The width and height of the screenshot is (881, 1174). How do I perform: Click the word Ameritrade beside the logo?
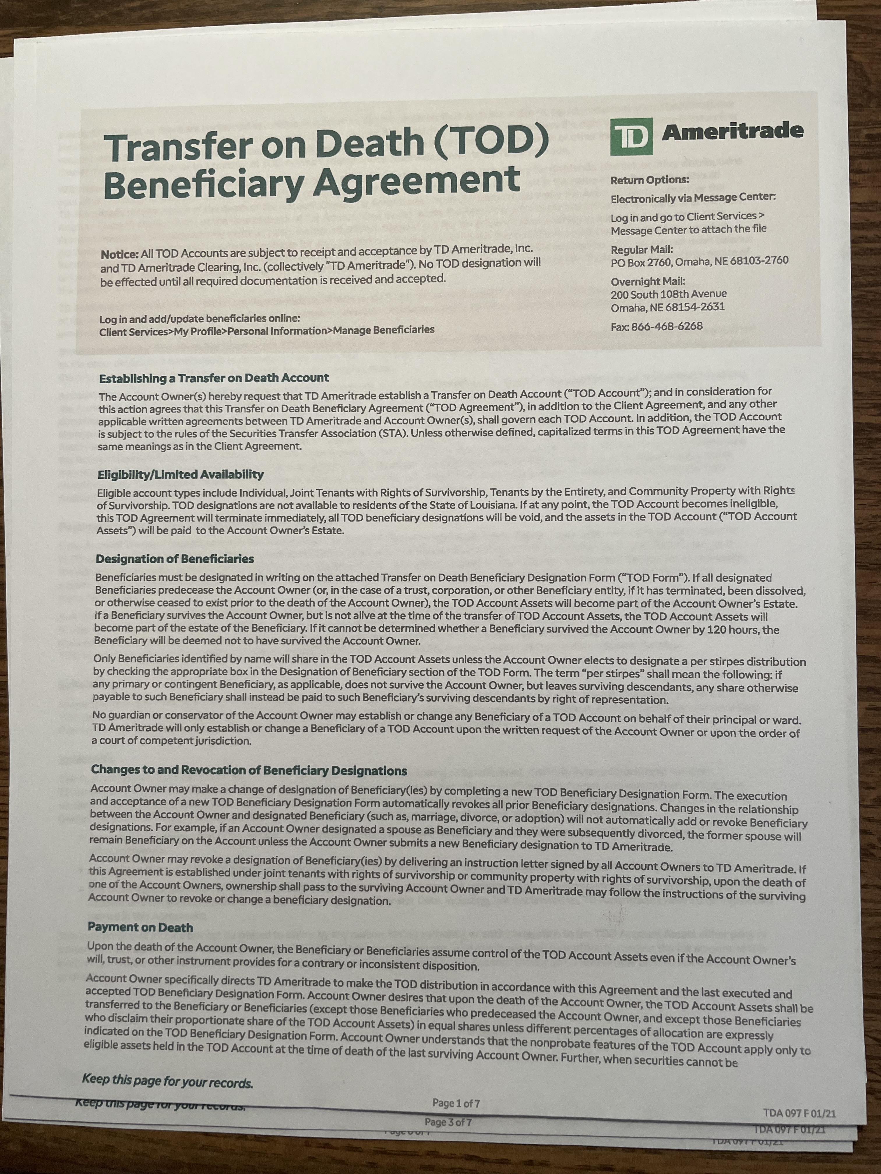(732, 131)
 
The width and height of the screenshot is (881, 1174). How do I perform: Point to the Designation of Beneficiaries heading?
(175, 559)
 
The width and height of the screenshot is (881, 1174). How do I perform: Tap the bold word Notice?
(119, 255)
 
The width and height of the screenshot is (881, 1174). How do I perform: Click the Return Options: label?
(649, 180)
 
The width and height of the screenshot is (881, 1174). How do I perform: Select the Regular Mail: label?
(642, 250)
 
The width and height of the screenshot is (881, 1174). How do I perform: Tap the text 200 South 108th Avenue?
(669, 294)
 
